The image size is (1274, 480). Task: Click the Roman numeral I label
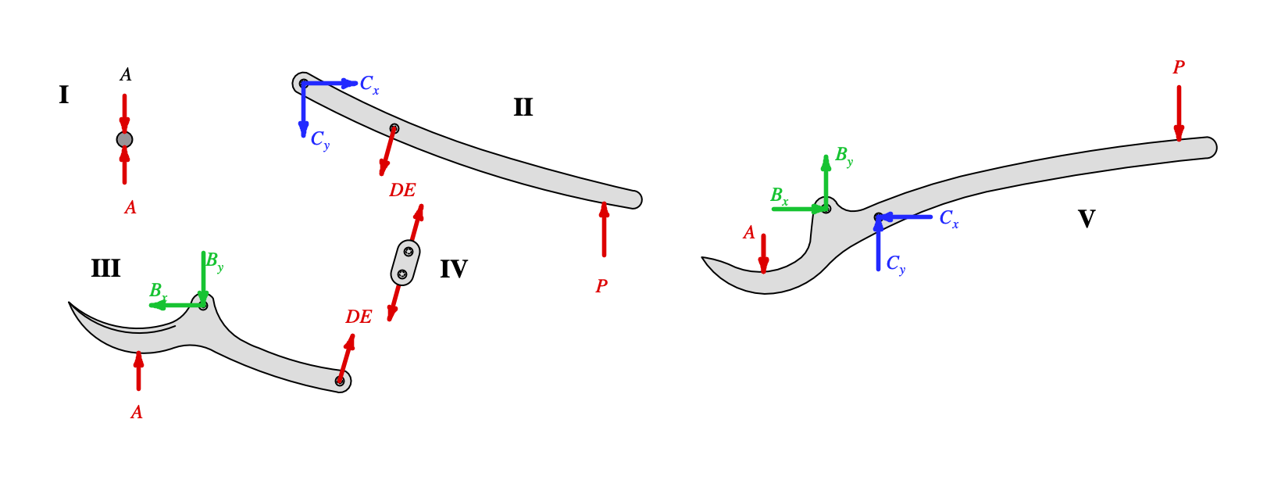(x=63, y=95)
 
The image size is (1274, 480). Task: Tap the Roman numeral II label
(x=523, y=107)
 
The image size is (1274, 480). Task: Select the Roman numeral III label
(x=105, y=269)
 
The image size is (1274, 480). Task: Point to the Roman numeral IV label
(x=453, y=270)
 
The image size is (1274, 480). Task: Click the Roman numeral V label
(x=1086, y=219)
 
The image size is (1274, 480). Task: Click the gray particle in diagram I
(x=124, y=140)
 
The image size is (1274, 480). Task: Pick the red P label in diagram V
(x=1179, y=68)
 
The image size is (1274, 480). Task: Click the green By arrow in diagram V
(x=826, y=181)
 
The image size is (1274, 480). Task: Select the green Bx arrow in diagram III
(x=176, y=305)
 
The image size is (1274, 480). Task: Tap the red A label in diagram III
(x=137, y=413)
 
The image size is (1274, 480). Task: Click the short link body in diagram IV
(x=405, y=263)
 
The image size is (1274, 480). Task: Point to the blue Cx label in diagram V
(x=948, y=219)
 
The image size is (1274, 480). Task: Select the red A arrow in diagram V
(x=763, y=253)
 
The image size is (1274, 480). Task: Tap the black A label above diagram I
(x=126, y=75)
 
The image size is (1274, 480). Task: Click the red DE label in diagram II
(x=402, y=191)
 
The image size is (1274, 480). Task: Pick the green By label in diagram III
(x=214, y=262)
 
